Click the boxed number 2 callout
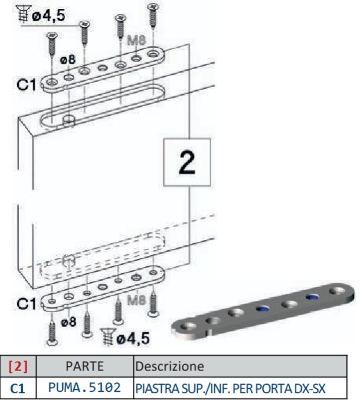[x=187, y=163]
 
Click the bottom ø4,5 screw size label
[x=131, y=338]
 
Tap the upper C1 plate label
[x=25, y=84]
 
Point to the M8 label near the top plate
[x=138, y=41]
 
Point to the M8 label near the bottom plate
[x=137, y=300]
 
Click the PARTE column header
[x=84, y=366]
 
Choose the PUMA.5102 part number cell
[x=84, y=388]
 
